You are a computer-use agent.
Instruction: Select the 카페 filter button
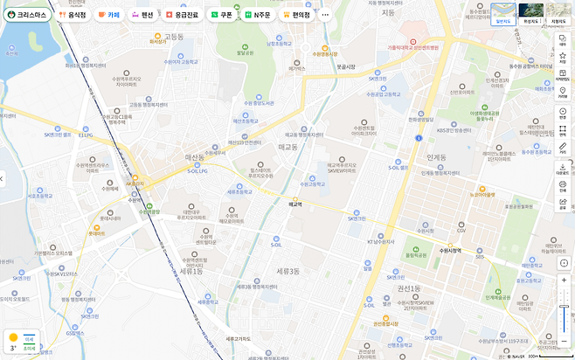(x=109, y=15)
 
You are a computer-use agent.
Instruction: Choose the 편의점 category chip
(x=297, y=15)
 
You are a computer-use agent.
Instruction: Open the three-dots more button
(x=326, y=15)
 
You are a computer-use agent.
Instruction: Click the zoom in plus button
(x=565, y=281)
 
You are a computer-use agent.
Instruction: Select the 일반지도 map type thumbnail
(x=502, y=13)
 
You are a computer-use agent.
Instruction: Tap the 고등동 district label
(x=175, y=36)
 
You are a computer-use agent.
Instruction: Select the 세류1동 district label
(x=191, y=272)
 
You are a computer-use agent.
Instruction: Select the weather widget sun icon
(x=12, y=337)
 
